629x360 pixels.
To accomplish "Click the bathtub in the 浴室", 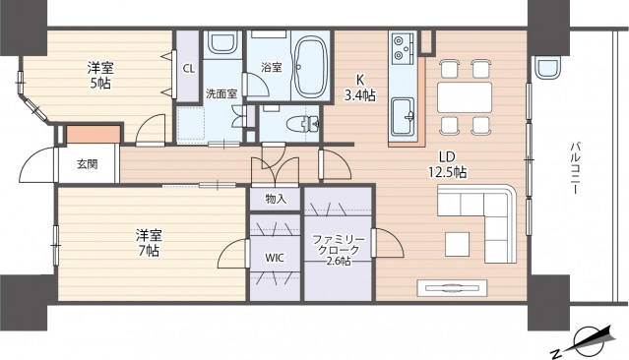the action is pos(310,66).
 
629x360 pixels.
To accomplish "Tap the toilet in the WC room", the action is pos(303,124).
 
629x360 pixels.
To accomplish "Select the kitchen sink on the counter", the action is pos(403,117).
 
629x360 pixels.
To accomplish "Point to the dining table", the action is pos(465,97).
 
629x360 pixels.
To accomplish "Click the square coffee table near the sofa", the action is pos(457,244).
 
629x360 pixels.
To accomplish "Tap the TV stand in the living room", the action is pos(452,288).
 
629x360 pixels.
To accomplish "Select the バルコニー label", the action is pos(575,168).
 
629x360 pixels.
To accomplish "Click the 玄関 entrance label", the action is pos(87,164).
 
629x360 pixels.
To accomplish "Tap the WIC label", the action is pos(275,258).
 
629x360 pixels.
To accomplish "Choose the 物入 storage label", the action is pos(276,198).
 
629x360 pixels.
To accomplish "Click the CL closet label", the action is pos(189,69).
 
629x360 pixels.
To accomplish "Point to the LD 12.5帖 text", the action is pos(447,164).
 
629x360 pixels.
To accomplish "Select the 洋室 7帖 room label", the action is pos(149,243).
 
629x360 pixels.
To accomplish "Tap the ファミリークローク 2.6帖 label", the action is pos(339,251).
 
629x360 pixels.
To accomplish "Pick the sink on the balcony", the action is pos(547,67).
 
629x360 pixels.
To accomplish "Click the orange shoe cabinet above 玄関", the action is pos(94,134).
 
